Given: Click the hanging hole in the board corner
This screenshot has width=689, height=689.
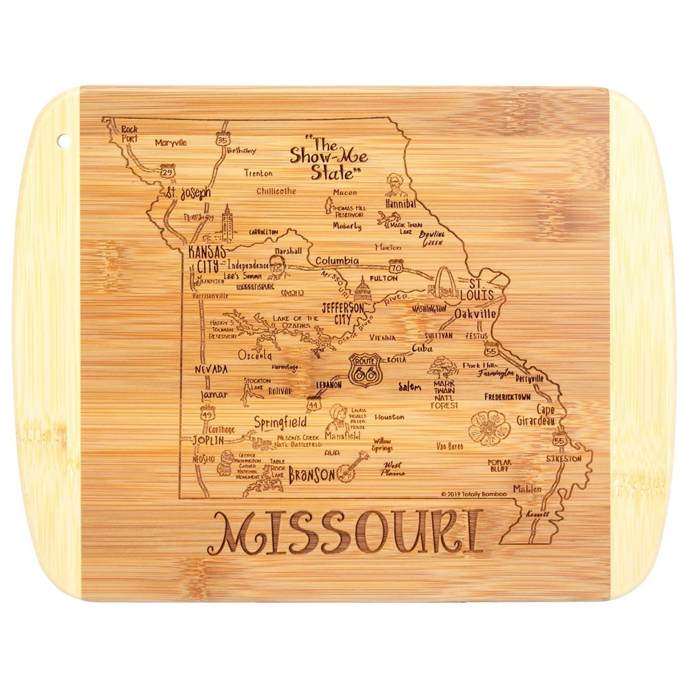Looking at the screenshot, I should tap(64, 140).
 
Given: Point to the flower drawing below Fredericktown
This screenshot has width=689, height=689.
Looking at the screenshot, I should tap(489, 427).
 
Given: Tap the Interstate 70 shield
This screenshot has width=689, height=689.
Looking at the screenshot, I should tap(395, 265).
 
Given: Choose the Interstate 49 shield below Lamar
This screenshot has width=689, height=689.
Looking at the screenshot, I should tap(206, 413).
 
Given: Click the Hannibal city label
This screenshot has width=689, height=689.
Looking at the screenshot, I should tap(401, 205).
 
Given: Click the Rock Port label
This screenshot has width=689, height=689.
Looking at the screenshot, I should tap(130, 133).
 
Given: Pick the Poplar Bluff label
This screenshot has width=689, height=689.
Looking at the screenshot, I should tap(501, 466).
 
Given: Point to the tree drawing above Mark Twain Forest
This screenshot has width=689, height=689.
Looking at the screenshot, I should tap(442, 366).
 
